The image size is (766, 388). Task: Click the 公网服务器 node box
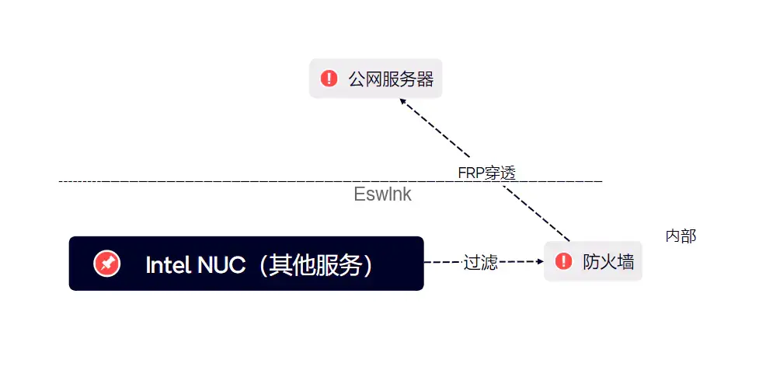[376, 79]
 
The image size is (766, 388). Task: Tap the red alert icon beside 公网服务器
[329, 79]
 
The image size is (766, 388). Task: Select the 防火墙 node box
[593, 262]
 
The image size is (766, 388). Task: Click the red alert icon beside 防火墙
[564, 262]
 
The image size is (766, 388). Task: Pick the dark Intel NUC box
[245, 264]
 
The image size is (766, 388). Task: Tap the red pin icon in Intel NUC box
[106, 264]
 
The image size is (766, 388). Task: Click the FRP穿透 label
[486, 173]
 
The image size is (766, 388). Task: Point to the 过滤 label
[480, 262]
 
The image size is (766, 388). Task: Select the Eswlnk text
[382, 195]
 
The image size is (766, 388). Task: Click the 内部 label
[681, 236]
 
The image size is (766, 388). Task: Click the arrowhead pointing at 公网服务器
[403, 107]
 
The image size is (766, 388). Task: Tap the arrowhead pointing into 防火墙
[539, 262]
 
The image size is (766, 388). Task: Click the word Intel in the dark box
[168, 265]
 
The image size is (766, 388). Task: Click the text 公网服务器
[390, 79]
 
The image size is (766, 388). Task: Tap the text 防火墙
[608, 262]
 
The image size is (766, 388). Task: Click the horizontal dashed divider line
[233, 181]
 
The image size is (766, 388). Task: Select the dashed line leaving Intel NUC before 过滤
[442, 262]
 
